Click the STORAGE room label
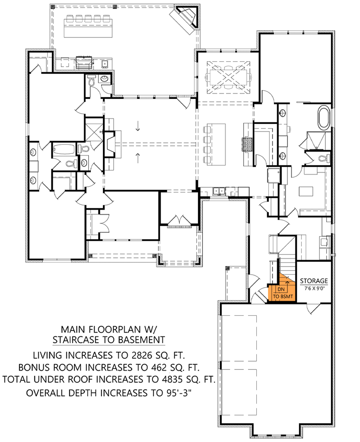tap(314, 281)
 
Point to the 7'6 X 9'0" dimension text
tap(314, 288)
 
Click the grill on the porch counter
tap(83, 62)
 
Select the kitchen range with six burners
tap(248, 144)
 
